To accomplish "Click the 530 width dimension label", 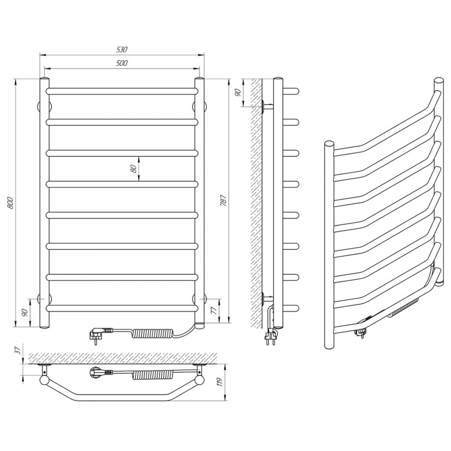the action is (x=122, y=49).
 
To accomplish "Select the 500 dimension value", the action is (x=122, y=63).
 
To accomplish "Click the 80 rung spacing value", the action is (x=133, y=169).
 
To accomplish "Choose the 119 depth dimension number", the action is (x=221, y=382).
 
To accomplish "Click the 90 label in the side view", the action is (x=238, y=93).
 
